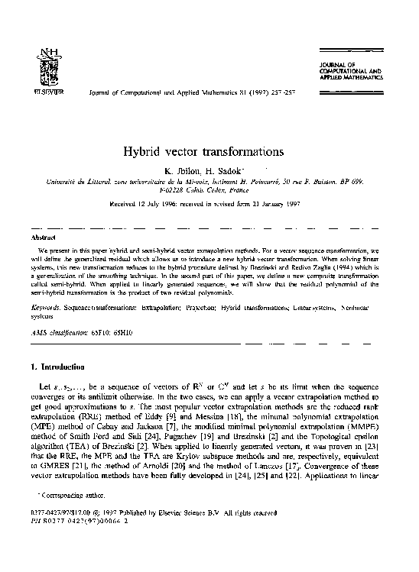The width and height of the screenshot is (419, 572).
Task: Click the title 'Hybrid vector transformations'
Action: pyautogui.click(x=209, y=151)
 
